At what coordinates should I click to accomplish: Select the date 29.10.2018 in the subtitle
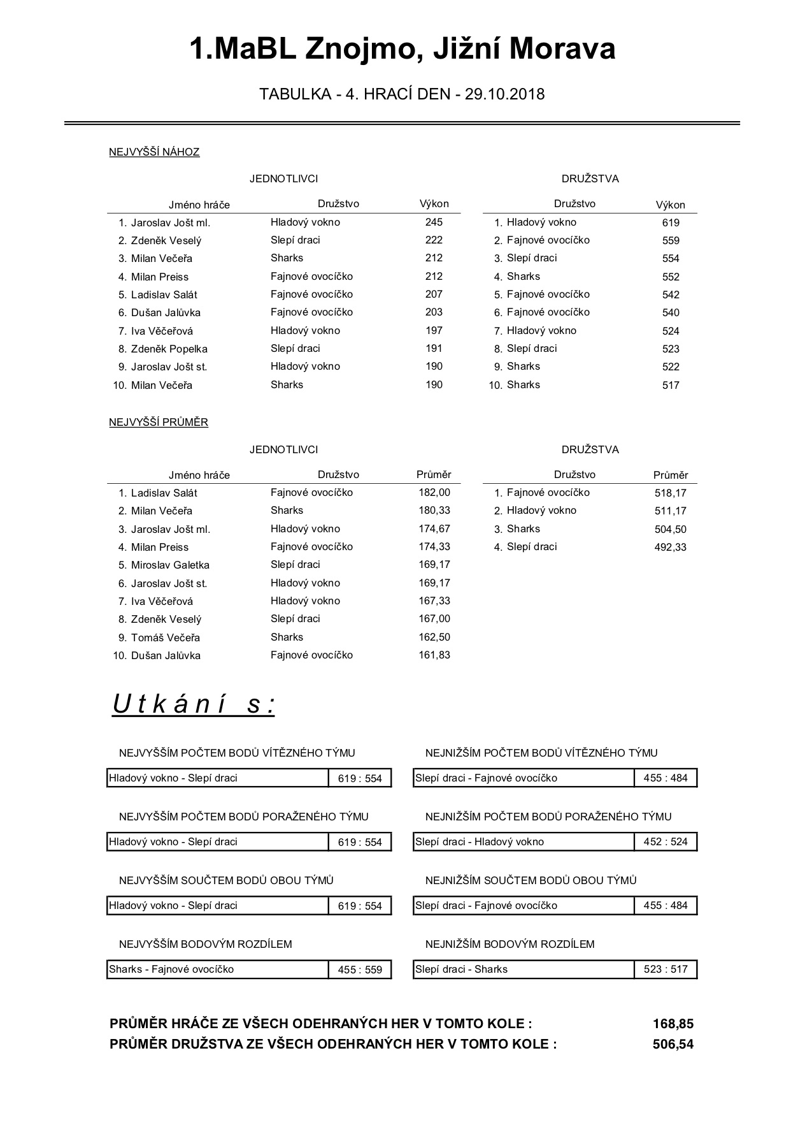pyautogui.click(x=504, y=94)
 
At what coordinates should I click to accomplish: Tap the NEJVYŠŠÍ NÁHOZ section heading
pyautogui.click(x=154, y=152)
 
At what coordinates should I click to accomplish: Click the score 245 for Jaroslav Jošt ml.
pyautogui.click(x=434, y=222)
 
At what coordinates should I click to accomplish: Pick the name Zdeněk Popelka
pyautogui.click(x=169, y=349)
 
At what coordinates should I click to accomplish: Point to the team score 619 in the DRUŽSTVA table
pyautogui.click(x=671, y=223)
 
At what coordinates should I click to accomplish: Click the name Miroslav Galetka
pyautogui.click(x=170, y=565)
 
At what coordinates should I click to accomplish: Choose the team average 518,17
pyautogui.click(x=671, y=493)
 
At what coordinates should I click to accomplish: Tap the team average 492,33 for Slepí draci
pyautogui.click(x=671, y=547)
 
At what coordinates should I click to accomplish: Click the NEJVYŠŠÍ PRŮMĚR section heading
pyautogui.click(x=159, y=422)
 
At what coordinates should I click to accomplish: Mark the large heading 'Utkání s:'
pyautogui.click(x=194, y=704)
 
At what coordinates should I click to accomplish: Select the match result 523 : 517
pyautogui.click(x=666, y=970)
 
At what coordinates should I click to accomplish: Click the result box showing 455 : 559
pyautogui.click(x=360, y=970)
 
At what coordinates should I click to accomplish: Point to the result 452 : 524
pyautogui.click(x=666, y=842)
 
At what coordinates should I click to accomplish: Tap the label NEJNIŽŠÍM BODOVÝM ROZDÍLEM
pyautogui.click(x=509, y=944)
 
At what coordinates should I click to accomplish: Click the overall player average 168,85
pyautogui.click(x=673, y=1024)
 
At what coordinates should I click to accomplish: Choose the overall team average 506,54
pyautogui.click(x=673, y=1044)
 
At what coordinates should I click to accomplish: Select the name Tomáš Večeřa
pyautogui.click(x=166, y=637)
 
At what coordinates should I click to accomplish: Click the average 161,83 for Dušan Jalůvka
pyautogui.click(x=434, y=655)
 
